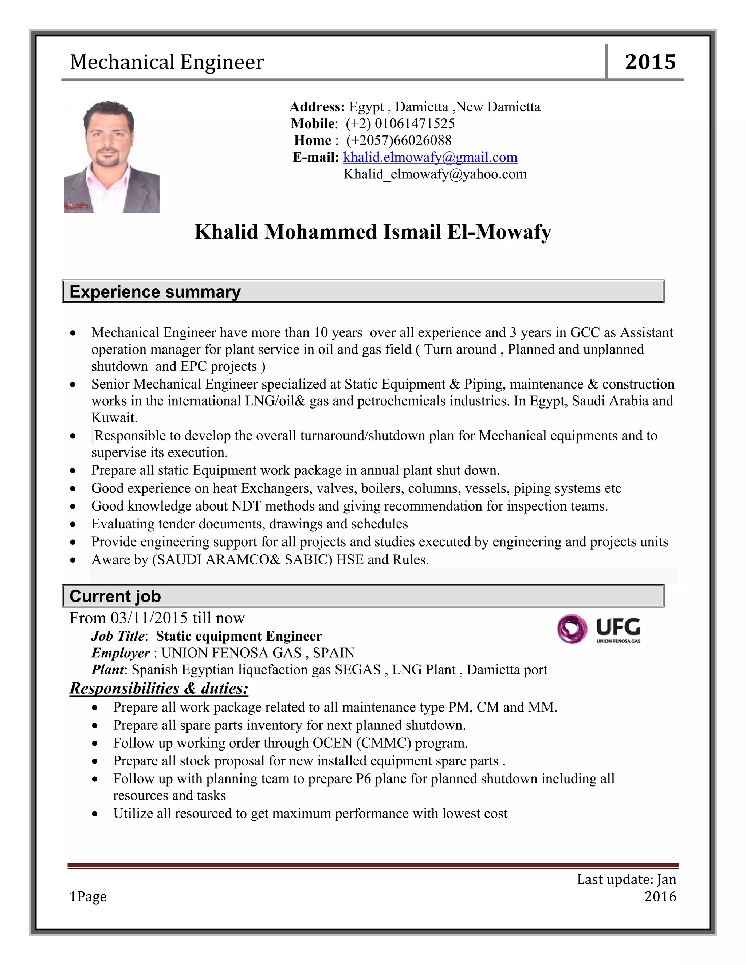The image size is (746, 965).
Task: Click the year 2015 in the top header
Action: (650, 62)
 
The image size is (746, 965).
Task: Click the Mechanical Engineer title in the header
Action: (167, 62)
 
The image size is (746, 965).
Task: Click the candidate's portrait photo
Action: (111, 157)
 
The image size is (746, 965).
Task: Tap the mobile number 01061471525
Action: (414, 123)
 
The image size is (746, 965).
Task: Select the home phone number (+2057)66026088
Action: (398, 141)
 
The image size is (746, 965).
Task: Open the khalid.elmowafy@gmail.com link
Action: (430, 157)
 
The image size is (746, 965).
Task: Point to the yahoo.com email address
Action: (435, 174)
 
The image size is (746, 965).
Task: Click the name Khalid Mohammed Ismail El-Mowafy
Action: (373, 232)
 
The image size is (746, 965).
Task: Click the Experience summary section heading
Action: (155, 292)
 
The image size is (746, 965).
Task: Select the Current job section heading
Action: (115, 596)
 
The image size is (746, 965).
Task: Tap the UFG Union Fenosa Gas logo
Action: (599, 629)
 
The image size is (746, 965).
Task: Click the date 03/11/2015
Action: (149, 618)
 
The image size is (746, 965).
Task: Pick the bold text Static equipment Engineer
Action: (239, 636)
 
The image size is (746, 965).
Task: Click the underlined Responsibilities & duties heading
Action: (159, 688)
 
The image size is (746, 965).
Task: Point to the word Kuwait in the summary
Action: (114, 418)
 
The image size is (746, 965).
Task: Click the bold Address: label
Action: (317, 107)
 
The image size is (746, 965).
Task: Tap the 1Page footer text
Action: (88, 897)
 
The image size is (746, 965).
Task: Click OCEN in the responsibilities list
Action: (332, 743)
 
